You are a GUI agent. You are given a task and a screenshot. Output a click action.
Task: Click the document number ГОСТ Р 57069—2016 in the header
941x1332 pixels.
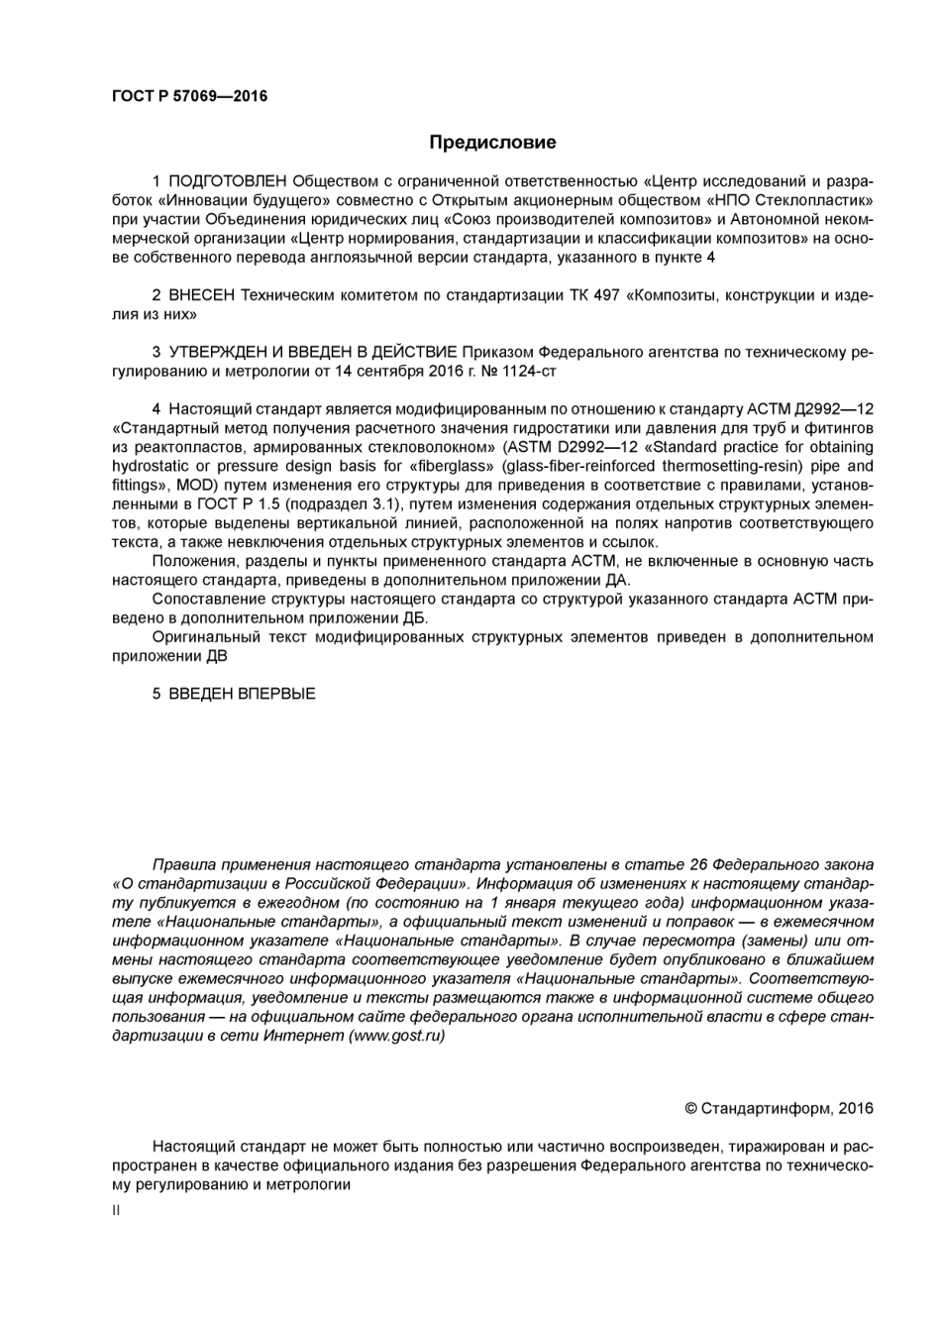pyautogui.click(x=189, y=96)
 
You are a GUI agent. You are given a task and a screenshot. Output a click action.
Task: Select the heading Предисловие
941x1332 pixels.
pyautogui.click(x=492, y=142)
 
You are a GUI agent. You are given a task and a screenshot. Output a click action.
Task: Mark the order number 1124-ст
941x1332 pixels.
pyautogui.click(x=537, y=372)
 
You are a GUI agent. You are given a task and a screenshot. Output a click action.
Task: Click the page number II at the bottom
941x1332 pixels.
pyautogui.click(x=116, y=1210)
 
